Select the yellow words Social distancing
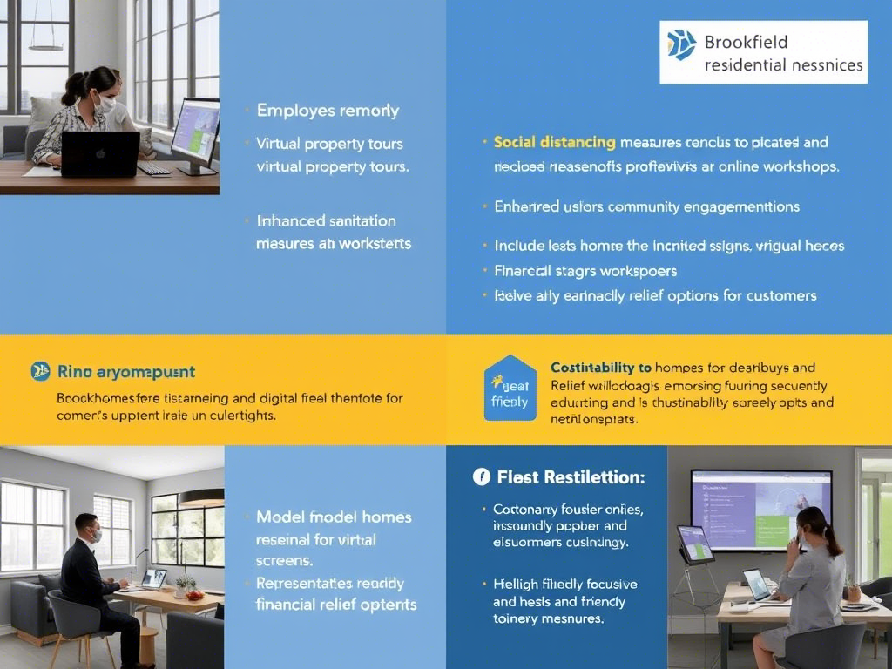coord(554,142)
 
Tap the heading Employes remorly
coord(328,111)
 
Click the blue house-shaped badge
coord(510,389)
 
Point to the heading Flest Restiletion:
coord(571,477)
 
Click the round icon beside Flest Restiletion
coord(481,476)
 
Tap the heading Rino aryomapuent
coord(125,372)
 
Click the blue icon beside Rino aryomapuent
coord(40,371)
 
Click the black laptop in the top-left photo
coord(100,154)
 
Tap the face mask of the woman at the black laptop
coord(106,104)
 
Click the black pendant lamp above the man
coord(201,497)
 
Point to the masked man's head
coord(86,528)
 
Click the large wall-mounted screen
coord(760,510)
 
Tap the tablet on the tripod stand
coord(695,544)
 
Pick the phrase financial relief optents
coord(336,605)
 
